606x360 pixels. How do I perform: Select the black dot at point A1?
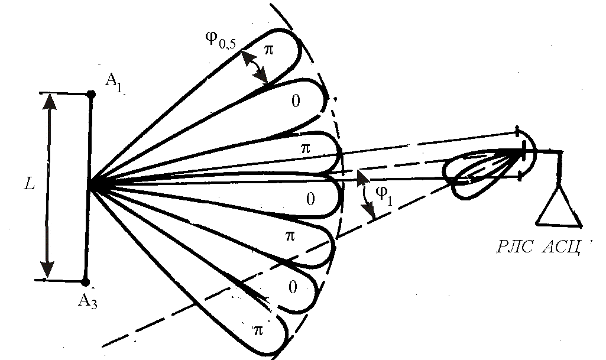coord(90,94)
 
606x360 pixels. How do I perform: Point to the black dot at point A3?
coord(86,282)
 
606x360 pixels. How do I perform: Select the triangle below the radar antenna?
coord(559,208)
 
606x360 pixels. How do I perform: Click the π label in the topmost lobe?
coord(269,50)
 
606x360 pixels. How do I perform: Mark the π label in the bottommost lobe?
coord(258,330)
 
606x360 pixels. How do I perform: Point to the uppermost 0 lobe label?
coord(296,101)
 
